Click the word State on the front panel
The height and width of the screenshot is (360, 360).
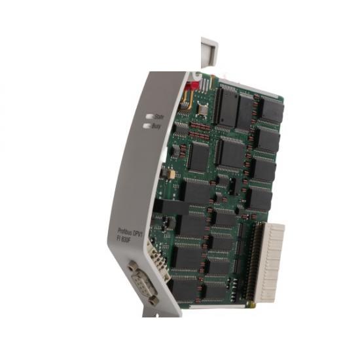[158, 117]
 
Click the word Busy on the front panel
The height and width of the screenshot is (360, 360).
[156, 126]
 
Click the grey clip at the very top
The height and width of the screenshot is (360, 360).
[209, 48]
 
